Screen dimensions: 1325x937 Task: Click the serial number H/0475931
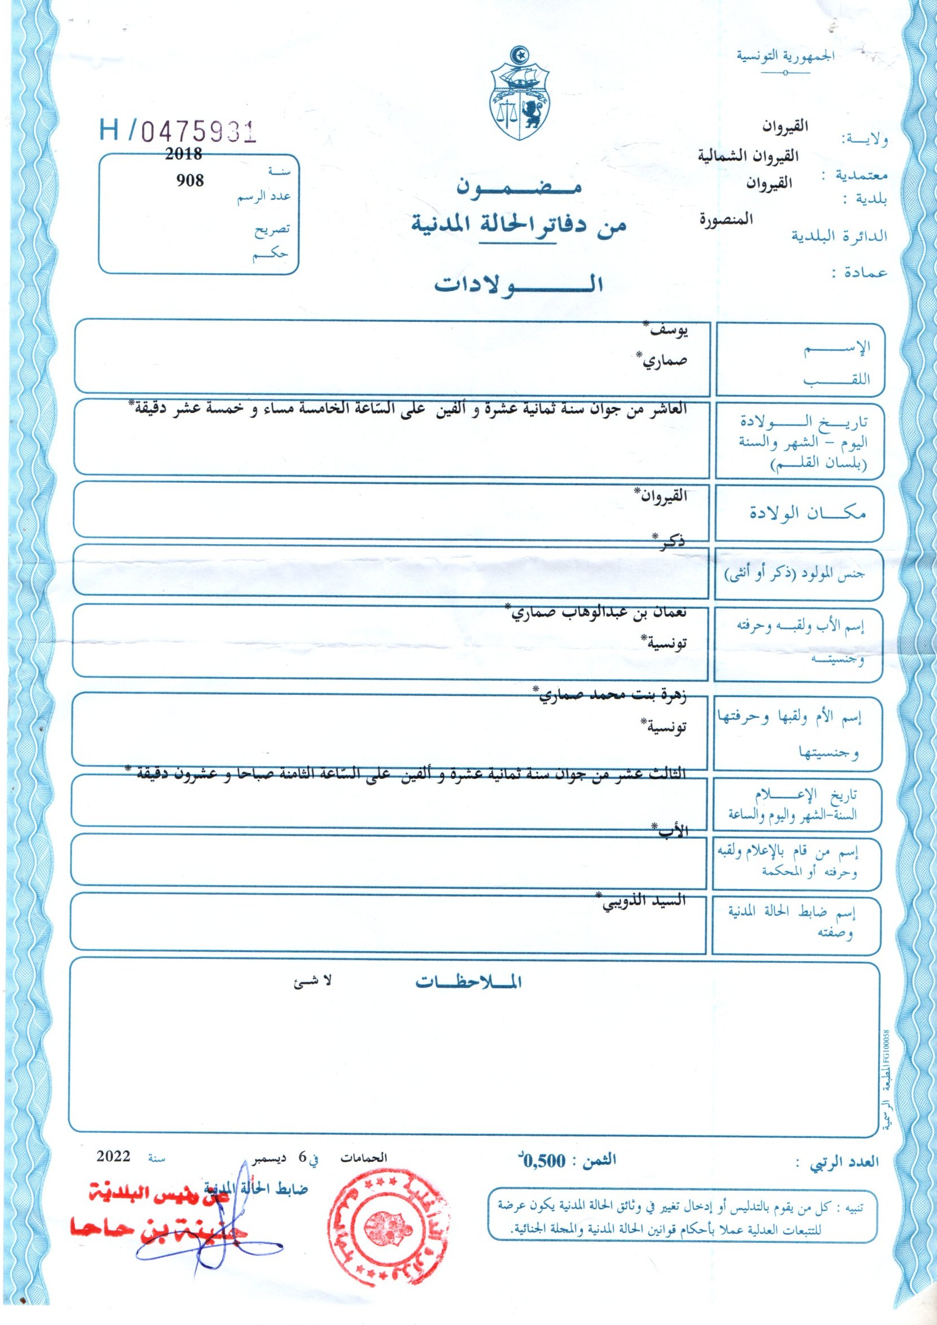pos(177,132)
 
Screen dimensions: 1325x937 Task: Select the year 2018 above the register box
pos(184,155)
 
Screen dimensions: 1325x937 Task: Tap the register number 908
pos(190,180)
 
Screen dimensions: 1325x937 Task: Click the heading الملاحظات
pos(468,982)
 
